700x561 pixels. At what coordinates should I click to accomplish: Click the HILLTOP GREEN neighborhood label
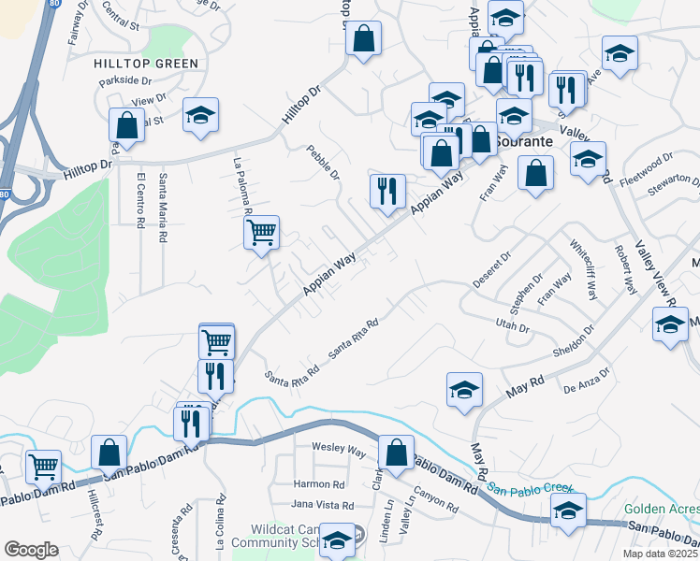coord(146,64)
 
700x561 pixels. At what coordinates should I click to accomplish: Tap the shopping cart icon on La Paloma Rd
coord(262,231)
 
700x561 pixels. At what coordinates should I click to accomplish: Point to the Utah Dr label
coord(513,327)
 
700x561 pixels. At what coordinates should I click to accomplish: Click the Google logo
coord(31,549)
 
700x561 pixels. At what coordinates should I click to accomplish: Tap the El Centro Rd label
coord(140,200)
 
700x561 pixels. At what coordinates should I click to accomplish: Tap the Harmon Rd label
coord(319,484)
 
